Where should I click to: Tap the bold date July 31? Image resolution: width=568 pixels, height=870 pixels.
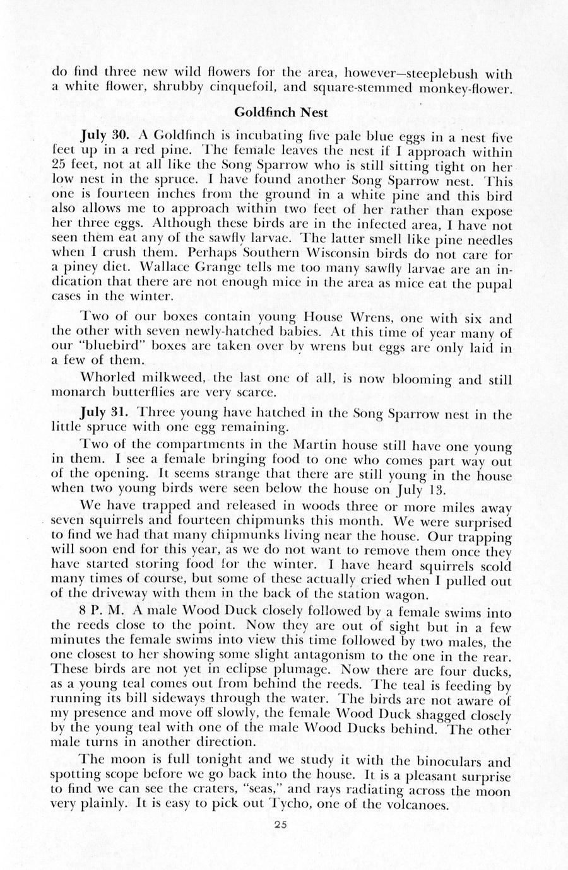105,414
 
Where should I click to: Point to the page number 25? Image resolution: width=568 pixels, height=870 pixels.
283,828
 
